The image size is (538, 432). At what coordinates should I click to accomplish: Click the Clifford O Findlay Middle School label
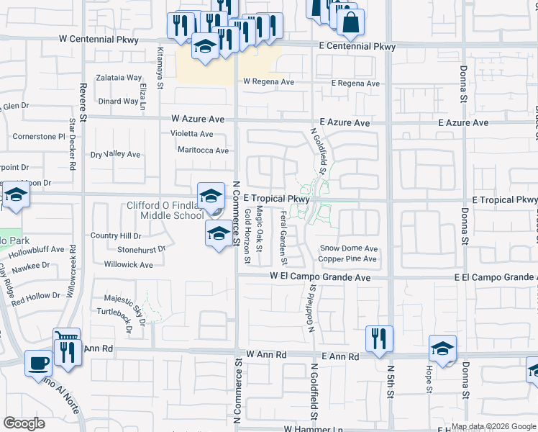[x=165, y=210]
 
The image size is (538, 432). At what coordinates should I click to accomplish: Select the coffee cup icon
[x=37, y=364]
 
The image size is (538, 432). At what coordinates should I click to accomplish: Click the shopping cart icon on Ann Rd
[x=65, y=338]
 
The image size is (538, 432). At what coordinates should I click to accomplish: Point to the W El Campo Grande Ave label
[x=320, y=276]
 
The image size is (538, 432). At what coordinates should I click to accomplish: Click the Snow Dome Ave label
[x=348, y=248]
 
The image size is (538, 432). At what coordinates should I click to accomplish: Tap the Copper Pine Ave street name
[x=348, y=258]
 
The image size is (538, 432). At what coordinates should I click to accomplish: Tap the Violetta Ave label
[x=191, y=134]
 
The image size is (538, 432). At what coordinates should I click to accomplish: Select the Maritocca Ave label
[x=204, y=150]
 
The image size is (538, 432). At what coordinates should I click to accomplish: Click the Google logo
[x=24, y=423]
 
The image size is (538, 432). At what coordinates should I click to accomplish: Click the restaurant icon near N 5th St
[x=379, y=339]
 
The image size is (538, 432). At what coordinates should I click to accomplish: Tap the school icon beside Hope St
[x=442, y=349]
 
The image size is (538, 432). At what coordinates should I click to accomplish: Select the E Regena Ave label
[x=355, y=84]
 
